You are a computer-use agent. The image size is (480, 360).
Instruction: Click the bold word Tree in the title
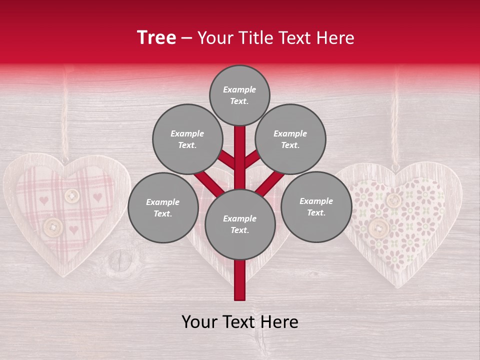pos(156,38)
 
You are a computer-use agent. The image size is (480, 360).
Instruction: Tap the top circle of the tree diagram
pos(239,95)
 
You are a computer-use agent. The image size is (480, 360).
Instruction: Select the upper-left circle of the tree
pos(187,139)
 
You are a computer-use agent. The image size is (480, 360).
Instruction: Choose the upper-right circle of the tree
pos(290,139)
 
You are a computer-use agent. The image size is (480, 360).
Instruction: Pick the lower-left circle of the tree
pos(163,207)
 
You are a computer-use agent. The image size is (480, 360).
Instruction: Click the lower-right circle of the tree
pos(316,206)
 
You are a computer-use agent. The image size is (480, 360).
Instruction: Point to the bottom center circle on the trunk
pos(239,224)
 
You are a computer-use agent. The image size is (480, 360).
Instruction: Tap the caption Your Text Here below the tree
pos(239,322)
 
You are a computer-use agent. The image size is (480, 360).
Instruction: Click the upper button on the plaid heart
pos(72,195)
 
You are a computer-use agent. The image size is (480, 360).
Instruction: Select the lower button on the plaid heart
pos(52,227)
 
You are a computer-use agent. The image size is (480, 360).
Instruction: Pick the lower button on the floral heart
pos(378,228)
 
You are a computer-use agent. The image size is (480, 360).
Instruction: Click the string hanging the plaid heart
pos(64,120)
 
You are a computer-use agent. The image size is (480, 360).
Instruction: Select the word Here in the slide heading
pos(335,38)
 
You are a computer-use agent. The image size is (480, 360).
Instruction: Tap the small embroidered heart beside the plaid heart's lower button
pos(73,230)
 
